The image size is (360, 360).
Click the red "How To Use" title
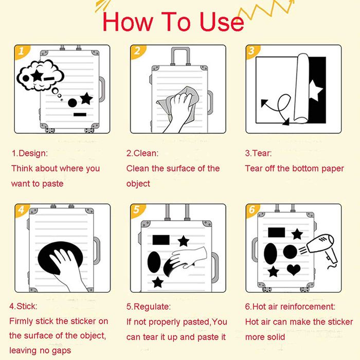pyautogui.click(x=173, y=22)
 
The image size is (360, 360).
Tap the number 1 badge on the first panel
pyautogui.click(x=22, y=51)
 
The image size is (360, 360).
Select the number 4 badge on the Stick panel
pyautogui.click(x=22, y=209)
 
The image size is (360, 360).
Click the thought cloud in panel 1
pyautogui.click(x=41, y=75)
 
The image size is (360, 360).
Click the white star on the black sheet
pyautogui.click(x=315, y=90)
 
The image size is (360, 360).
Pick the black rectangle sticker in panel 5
pyautogui.click(x=161, y=240)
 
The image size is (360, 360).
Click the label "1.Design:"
pyautogui.click(x=30, y=153)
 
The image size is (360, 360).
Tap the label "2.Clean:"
pyautogui.click(x=142, y=153)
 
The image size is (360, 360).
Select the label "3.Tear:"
pyautogui.click(x=258, y=153)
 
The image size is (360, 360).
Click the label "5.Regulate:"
pyautogui.click(x=149, y=307)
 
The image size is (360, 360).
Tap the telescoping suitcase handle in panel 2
pyautogui.click(x=181, y=56)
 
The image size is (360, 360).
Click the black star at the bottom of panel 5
pyautogui.click(x=158, y=282)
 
